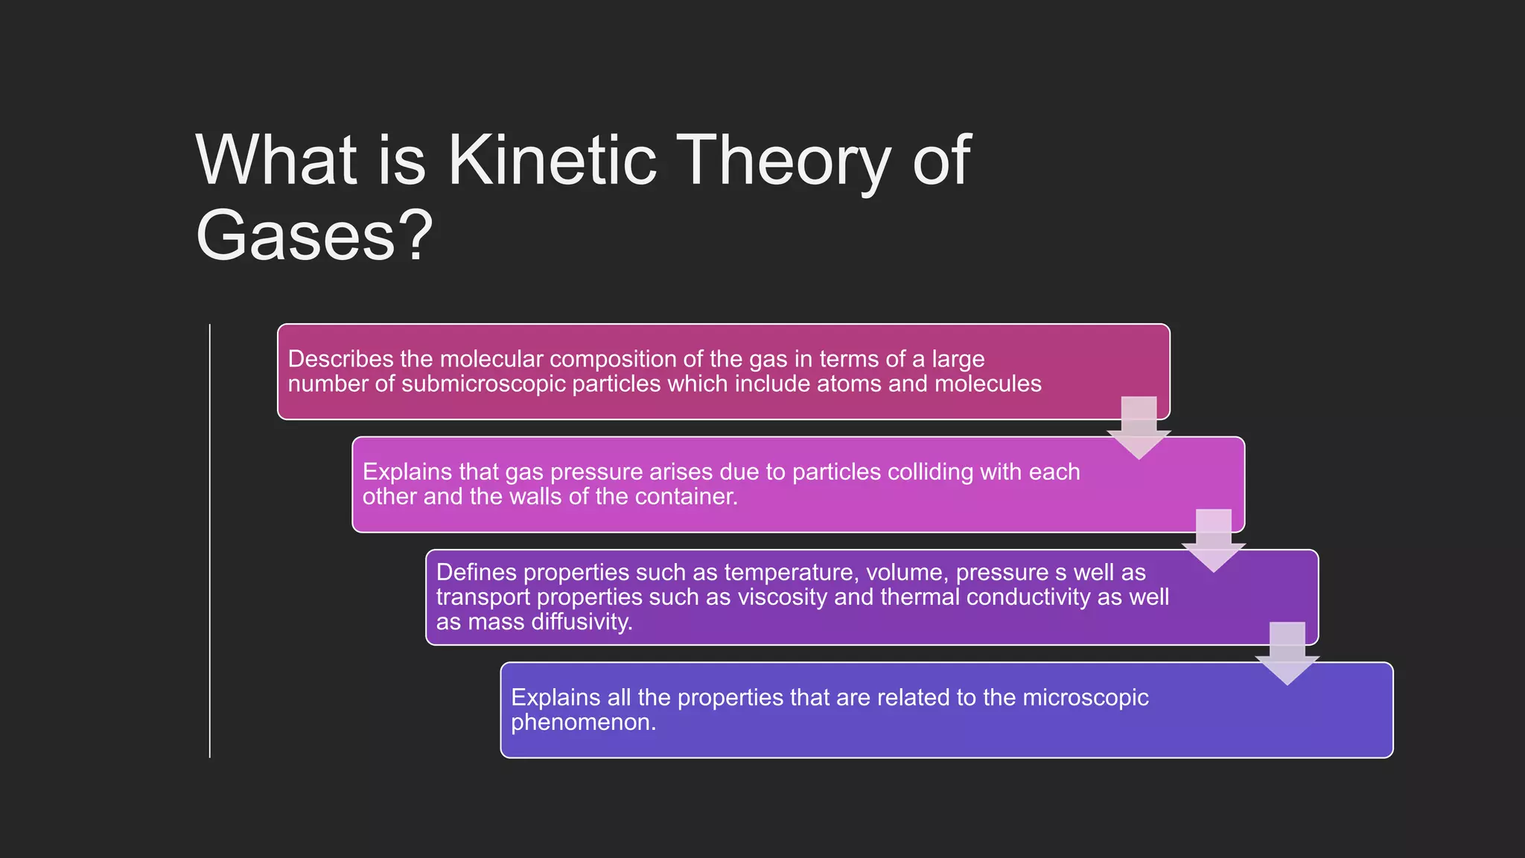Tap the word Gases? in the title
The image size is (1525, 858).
click(x=313, y=235)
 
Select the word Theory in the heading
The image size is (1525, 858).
click(x=786, y=161)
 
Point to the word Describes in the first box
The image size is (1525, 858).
click(x=340, y=359)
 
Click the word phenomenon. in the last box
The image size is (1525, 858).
click(x=583, y=722)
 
